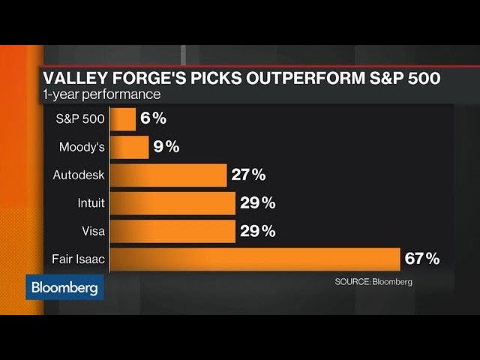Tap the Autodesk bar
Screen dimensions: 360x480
click(170, 175)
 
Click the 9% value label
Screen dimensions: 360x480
click(167, 147)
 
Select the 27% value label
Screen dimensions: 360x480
click(248, 175)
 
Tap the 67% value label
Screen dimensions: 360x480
click(421, 259)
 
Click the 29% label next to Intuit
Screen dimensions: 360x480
click(257, 203)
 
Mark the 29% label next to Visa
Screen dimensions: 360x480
click(257, 231)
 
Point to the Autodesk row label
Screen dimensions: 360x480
click(79, 175)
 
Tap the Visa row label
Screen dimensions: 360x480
click(93, 231)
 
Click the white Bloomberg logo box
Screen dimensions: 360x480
click(64, 287)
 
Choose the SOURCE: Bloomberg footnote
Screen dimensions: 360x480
click(373, 282)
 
